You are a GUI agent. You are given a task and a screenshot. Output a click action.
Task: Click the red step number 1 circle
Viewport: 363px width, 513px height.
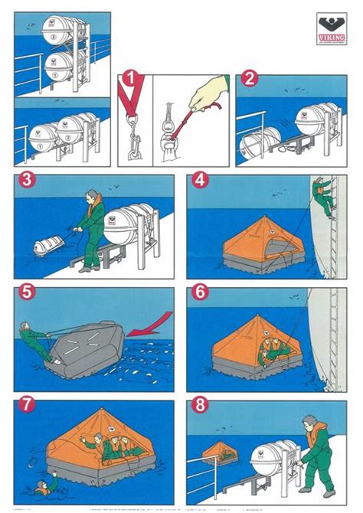pyautogui.click(x=132, y=79)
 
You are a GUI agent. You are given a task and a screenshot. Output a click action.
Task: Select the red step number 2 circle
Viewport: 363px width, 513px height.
pyautogui.click(x=249, y=79)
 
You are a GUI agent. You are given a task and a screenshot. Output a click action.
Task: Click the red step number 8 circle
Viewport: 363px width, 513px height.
pyautogui.click(x=201, y=404)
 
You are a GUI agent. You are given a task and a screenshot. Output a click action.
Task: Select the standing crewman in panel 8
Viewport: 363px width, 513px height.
pyautogui.click(x=316, y=452)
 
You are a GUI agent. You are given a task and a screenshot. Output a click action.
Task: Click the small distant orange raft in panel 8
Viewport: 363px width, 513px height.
pyautogui.click(x=220, y=453)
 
